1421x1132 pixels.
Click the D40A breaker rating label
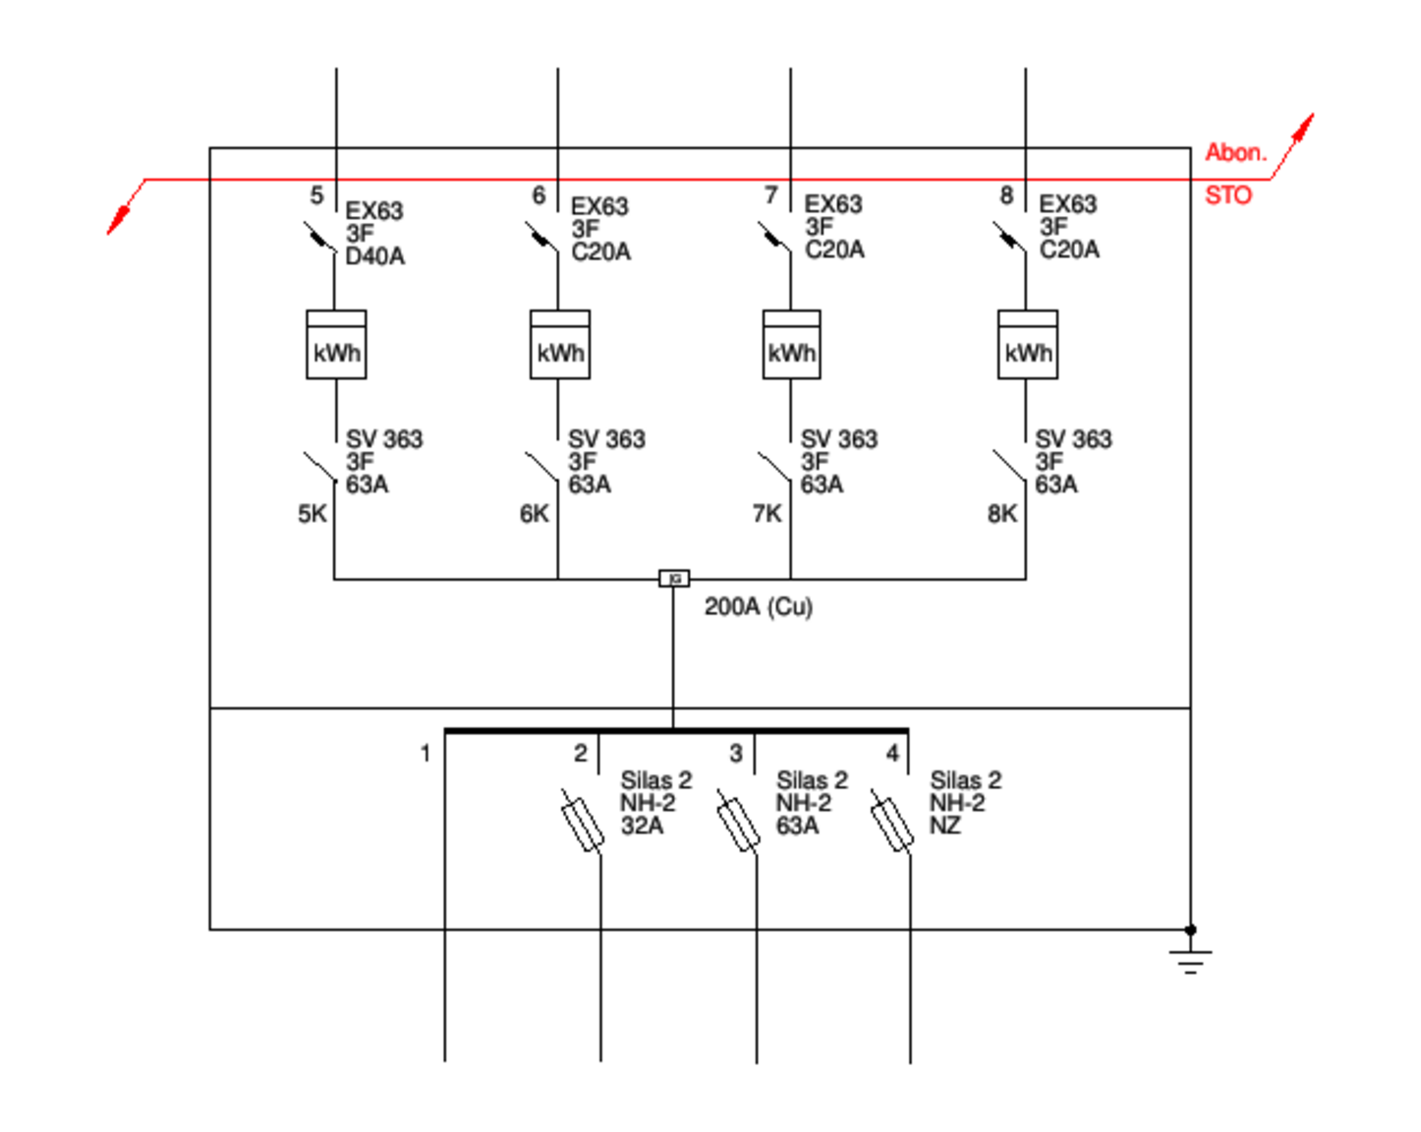[x=374, y=256]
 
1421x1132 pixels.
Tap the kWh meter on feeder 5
[x=336, y=344]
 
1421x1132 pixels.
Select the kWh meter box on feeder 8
[x=1028, y=344]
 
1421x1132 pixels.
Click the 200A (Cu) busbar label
[x=758, y=606]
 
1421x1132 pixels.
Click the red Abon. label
[x=1236, y=152]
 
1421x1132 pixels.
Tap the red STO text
[x=1228, y=196]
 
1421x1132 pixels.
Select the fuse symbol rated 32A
[x=583, y=821]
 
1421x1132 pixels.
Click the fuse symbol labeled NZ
[x=892, y=821]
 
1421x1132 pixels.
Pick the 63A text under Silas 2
[x=797, y=825]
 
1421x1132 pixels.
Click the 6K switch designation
[x=534, y=514]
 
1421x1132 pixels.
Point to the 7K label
[x=767, y=514]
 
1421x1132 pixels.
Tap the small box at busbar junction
[x=674, y=579]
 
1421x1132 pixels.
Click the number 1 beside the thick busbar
[x=426, y=753]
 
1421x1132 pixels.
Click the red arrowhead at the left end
[x=118, y=220]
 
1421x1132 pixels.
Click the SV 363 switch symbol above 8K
[x=1009, y=467]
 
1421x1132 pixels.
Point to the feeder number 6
[x=539, y=196]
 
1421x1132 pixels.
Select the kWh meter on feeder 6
[x=560, y=344]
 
